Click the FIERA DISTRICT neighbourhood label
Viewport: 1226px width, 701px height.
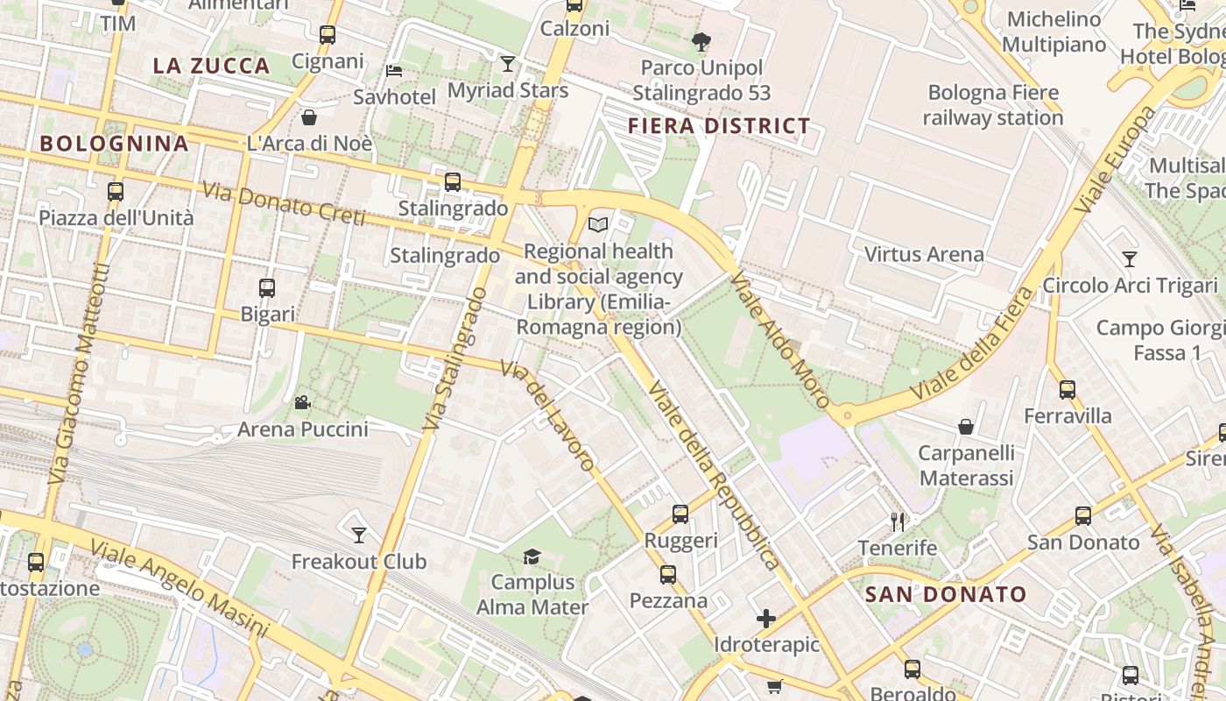[719, 126]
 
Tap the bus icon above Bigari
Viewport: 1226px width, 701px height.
[267, 287]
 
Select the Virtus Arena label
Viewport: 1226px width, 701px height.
[924, 255]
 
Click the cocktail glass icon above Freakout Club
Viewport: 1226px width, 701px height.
[359, 535]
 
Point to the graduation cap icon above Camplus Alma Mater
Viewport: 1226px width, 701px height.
[532, 556]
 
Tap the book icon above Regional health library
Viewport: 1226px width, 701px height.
[598, 225]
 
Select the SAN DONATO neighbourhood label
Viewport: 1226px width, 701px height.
[945, 594]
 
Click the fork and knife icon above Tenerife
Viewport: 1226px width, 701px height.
[898, 522]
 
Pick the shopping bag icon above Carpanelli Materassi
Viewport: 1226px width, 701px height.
[966, 427]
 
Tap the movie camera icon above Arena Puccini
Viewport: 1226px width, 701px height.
[302, 403]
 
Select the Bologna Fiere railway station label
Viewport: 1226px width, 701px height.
[993, 104]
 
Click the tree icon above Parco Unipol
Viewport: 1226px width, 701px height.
[701, 40]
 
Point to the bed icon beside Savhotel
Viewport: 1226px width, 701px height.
[394, 70]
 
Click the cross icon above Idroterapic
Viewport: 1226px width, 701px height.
[766, 619]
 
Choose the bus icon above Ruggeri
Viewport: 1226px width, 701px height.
[680, 514]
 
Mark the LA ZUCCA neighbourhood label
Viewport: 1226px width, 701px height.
[211, 66]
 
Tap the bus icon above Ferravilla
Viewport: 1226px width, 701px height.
[1067, 390]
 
